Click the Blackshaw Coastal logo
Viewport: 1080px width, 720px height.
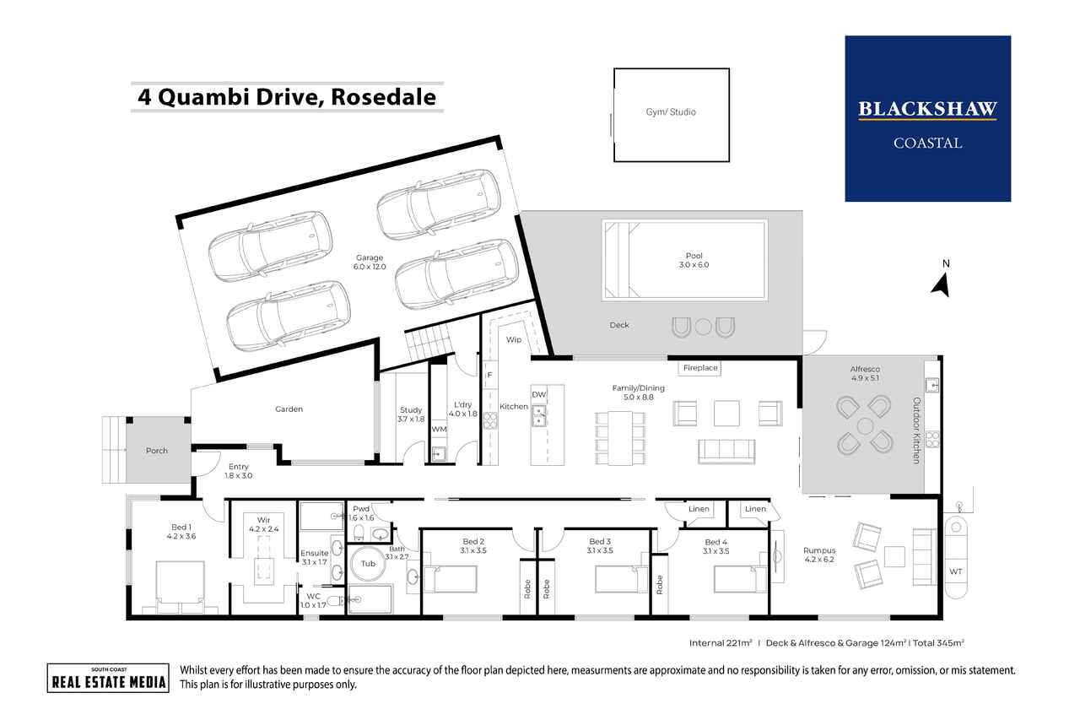pyautogui.click(x=927, y=118)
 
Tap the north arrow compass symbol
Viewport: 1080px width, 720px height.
pyautogui.click(x=942, y=284)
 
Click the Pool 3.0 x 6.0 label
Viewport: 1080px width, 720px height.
pyautogui.click(x=694, y=261)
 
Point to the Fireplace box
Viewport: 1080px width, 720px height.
pyautogui.click(x=699, y=368)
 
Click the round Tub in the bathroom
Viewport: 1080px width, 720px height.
pyautogui.click(x=368, y=564)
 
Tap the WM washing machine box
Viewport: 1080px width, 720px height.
pyautogui.click(x=438, y=430)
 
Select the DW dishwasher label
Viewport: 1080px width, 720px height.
pyautogui.click(x=538, y=395)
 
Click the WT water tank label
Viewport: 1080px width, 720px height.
pyautogui.click(x=955, y=571)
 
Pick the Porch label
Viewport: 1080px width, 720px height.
pyautogui.click(x=157, y=451)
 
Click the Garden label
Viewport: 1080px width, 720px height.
pyautogui.click(x=289, y=409)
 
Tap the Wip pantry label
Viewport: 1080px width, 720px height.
pyautogui.click(x=513, y=339)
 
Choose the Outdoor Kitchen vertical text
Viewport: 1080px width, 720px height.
pyautogui.click(x=915, y=430)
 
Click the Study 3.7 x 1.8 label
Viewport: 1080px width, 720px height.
pyautogui.click(x=412, y=414)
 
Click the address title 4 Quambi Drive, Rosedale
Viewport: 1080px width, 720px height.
pyautogui.click(x=287, y=97)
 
